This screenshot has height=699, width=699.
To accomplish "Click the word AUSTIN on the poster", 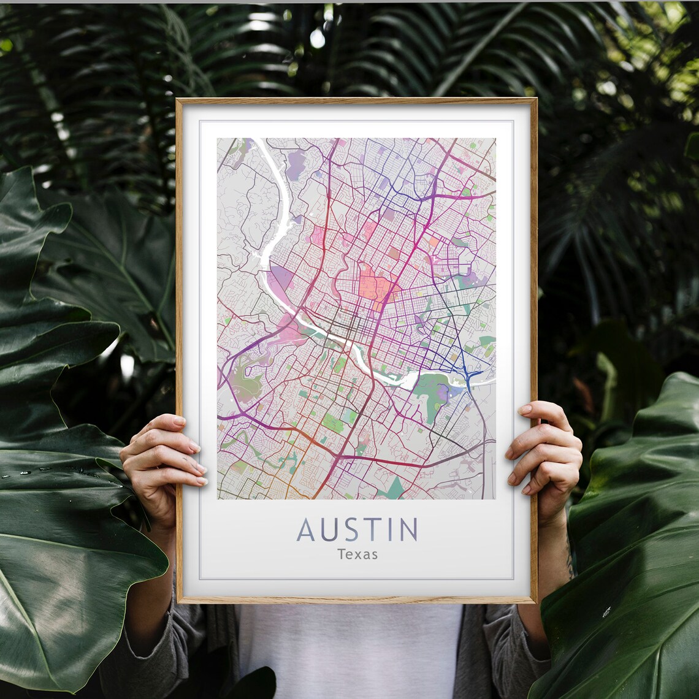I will point(357,530).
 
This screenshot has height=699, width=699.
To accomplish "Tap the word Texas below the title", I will point(357,554).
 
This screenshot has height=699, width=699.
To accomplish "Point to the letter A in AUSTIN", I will point(305,530).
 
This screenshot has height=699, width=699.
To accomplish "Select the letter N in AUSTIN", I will point(408,530).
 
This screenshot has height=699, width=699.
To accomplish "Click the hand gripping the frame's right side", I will point(546,451).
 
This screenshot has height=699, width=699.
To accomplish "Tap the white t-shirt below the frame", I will point(349,650).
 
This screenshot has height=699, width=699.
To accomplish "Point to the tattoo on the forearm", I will point(570,558).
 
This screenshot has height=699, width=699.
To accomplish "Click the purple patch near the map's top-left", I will point(296,164).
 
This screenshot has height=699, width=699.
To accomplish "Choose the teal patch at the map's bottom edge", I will point(394,489).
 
